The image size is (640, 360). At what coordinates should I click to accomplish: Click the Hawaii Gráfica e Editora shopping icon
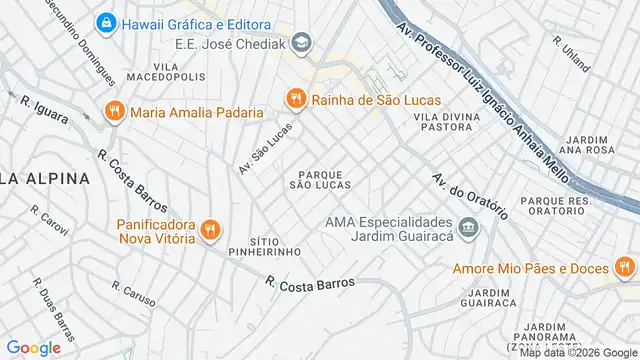tap(105, 22)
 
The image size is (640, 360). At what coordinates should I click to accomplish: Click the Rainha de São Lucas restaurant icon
tap(294, 98)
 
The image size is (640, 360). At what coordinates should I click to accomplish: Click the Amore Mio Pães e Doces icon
tap(624, 267)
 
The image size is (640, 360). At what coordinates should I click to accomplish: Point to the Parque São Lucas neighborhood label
tap(321, 180)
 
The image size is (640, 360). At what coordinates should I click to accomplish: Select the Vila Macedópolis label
tap(153, 71)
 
